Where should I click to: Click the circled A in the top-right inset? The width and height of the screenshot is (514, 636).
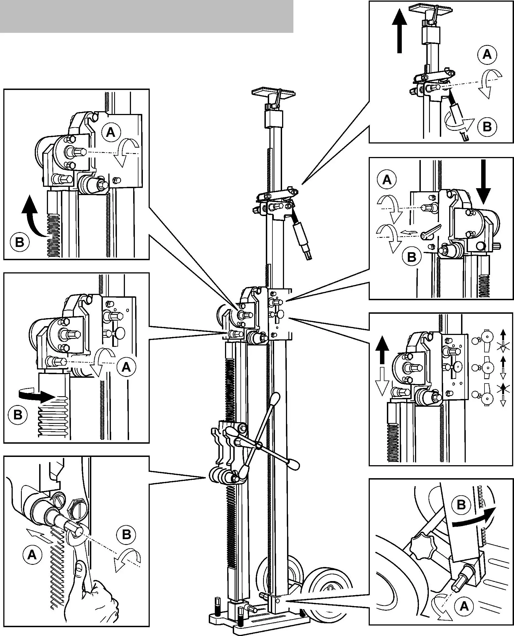click(487, 55)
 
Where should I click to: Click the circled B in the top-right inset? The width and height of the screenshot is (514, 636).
click(487, 127)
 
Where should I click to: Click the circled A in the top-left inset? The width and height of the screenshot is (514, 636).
click(111, 132)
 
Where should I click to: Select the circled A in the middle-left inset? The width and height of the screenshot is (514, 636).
click(126, 368)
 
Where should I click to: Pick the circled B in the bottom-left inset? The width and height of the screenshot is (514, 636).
click(126, 535)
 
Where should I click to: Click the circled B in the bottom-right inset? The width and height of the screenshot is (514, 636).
click(461, 505)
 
